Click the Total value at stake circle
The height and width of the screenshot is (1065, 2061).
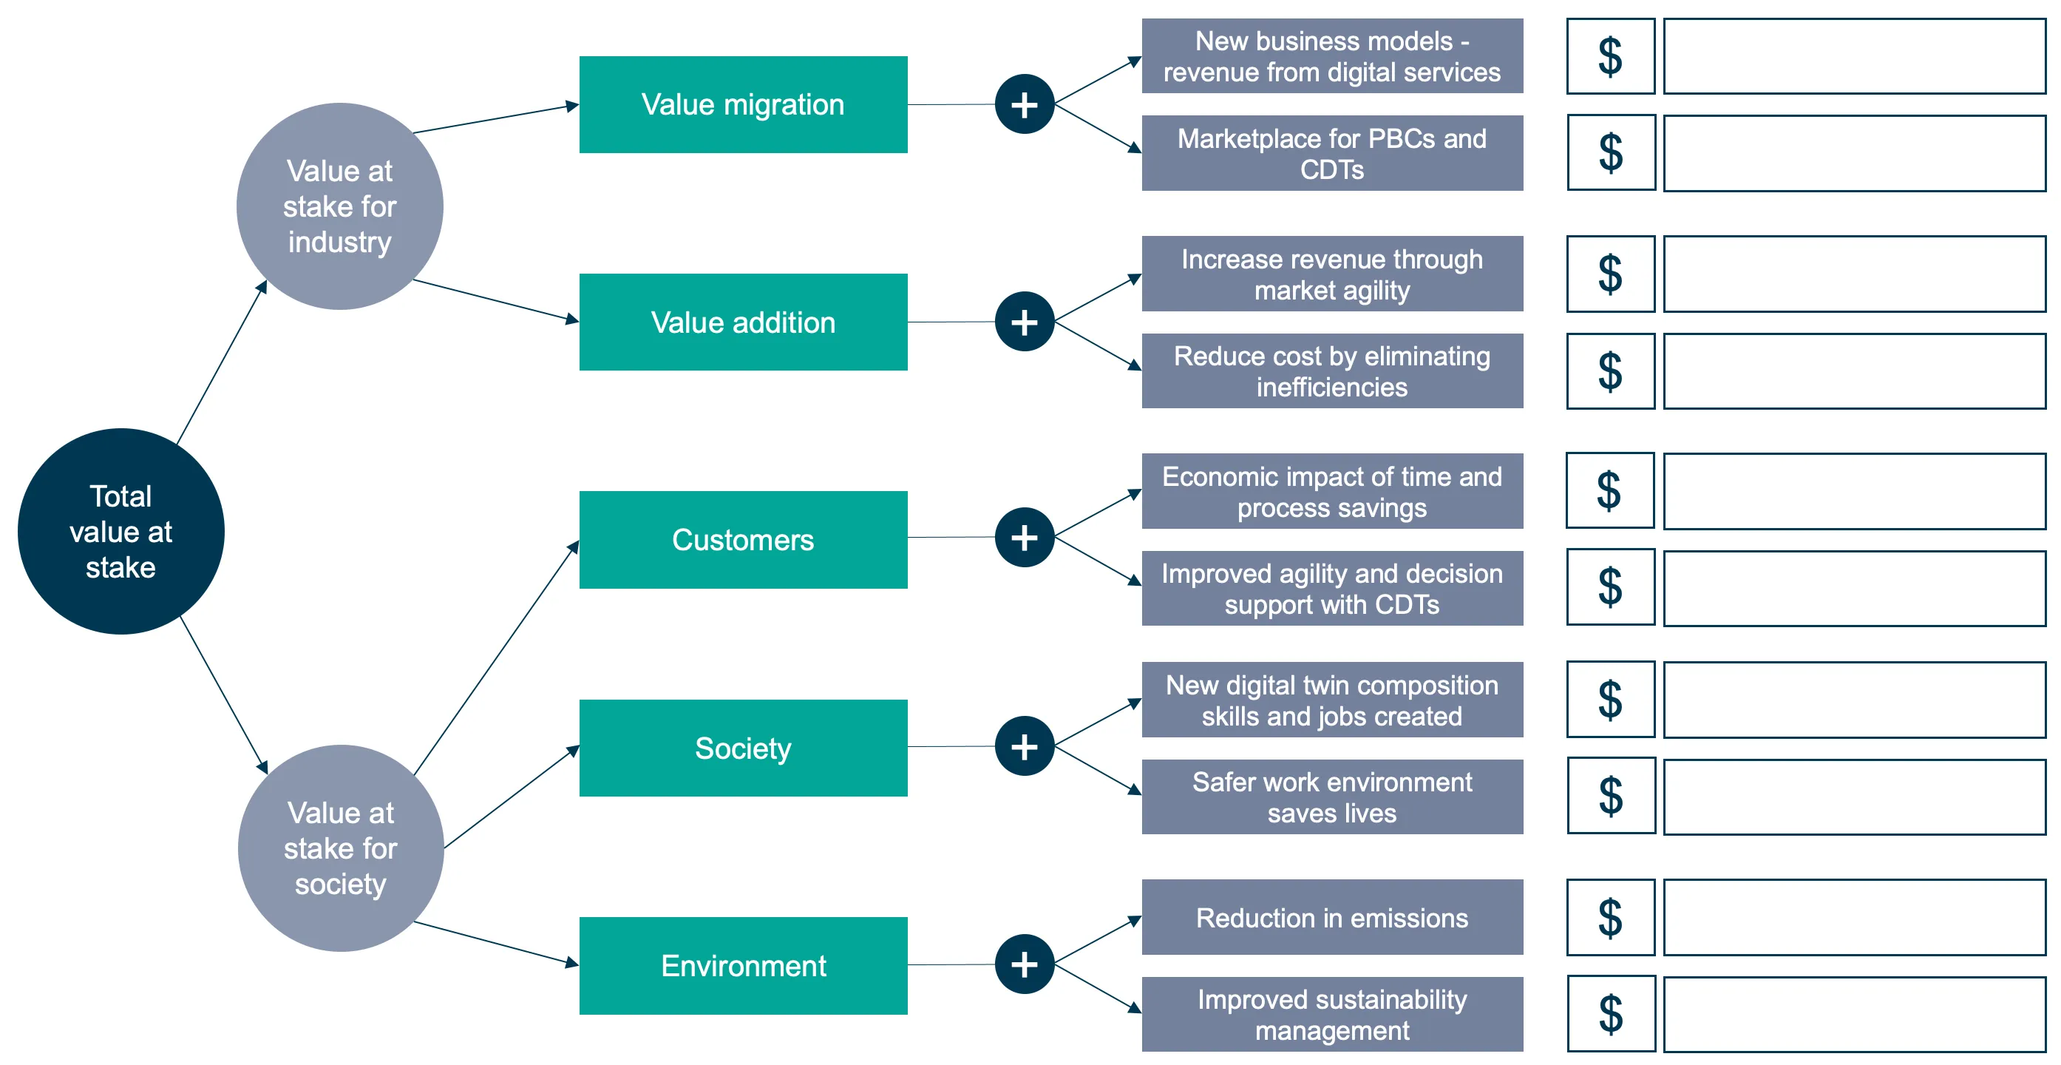coord(120,531)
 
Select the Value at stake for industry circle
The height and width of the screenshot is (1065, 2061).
coord(340,206)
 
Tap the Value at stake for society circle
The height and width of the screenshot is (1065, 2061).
coord(341,848)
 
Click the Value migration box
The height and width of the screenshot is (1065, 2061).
coord(743,104)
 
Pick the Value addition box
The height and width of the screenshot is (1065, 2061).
coord(743,322)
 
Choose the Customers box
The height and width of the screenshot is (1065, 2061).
coord(743,539)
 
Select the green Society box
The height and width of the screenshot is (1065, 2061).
coord(743,748)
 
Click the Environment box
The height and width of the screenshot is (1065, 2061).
coord(743,966)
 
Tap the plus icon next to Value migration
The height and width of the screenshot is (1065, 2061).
coord(1025,104)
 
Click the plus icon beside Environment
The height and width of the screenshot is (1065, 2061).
coord(1025,964)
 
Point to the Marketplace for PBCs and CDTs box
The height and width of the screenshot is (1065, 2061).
coord(1332,153)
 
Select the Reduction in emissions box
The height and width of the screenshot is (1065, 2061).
coord(1332,917)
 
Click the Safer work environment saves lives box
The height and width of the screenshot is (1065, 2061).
coord(1332,797)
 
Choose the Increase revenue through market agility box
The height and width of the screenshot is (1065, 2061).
coord(1332,274)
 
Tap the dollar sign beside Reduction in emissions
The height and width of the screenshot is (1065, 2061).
coord(1611,917)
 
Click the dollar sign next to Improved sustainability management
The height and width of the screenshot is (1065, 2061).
coord(1611,1014)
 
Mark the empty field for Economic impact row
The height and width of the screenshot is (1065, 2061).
coord(1855,491)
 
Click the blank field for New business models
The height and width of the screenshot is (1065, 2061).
coord(1855,56)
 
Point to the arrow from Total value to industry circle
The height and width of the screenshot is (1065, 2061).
coord(222,362)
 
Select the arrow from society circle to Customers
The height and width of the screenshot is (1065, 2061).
coord(496,657)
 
